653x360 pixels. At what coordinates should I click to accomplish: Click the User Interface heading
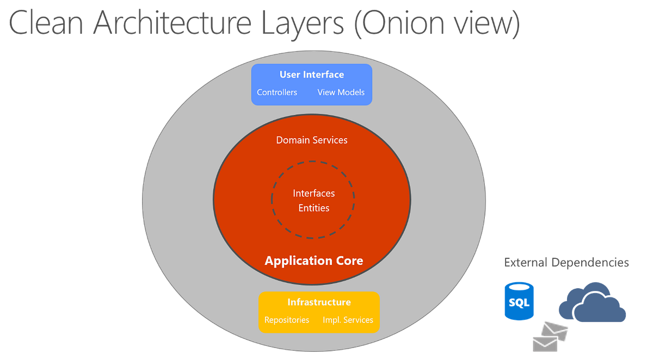point(312,75)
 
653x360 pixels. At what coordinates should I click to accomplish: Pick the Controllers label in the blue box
point(277,92)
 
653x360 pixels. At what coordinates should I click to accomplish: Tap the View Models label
point(341,92)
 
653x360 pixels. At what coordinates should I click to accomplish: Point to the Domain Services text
point(312,140)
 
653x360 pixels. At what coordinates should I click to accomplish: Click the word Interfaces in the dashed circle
point(314,194)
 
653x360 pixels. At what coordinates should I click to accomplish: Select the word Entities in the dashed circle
point(314,208)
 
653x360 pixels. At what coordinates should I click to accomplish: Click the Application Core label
point(314,261)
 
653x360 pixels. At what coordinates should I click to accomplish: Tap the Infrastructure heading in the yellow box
point(319,302)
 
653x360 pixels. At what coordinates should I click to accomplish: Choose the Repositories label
point(287,320)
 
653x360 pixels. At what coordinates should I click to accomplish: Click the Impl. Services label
point(348,320)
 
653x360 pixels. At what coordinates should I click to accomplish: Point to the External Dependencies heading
point(566,263)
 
